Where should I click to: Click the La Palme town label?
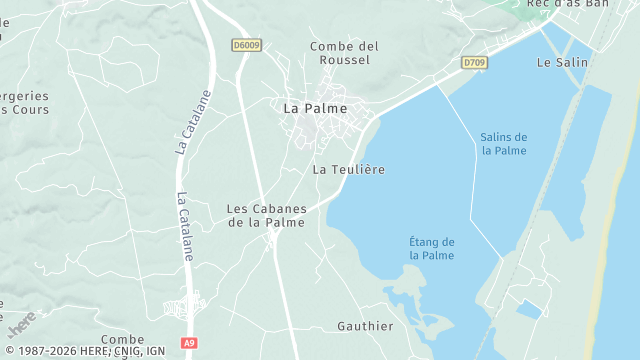coord(315,108)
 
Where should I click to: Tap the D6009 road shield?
coord(245,45)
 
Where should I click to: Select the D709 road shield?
coord(474,62)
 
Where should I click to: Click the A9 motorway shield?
coord(189,343)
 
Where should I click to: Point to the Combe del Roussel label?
coord(344,53)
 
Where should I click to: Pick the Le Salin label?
coord(562,62)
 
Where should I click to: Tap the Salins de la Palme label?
coord(503,144)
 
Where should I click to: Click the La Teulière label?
coord(348,170)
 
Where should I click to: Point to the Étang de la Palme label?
coord(432,249)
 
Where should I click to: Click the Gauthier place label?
coord(365,326)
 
